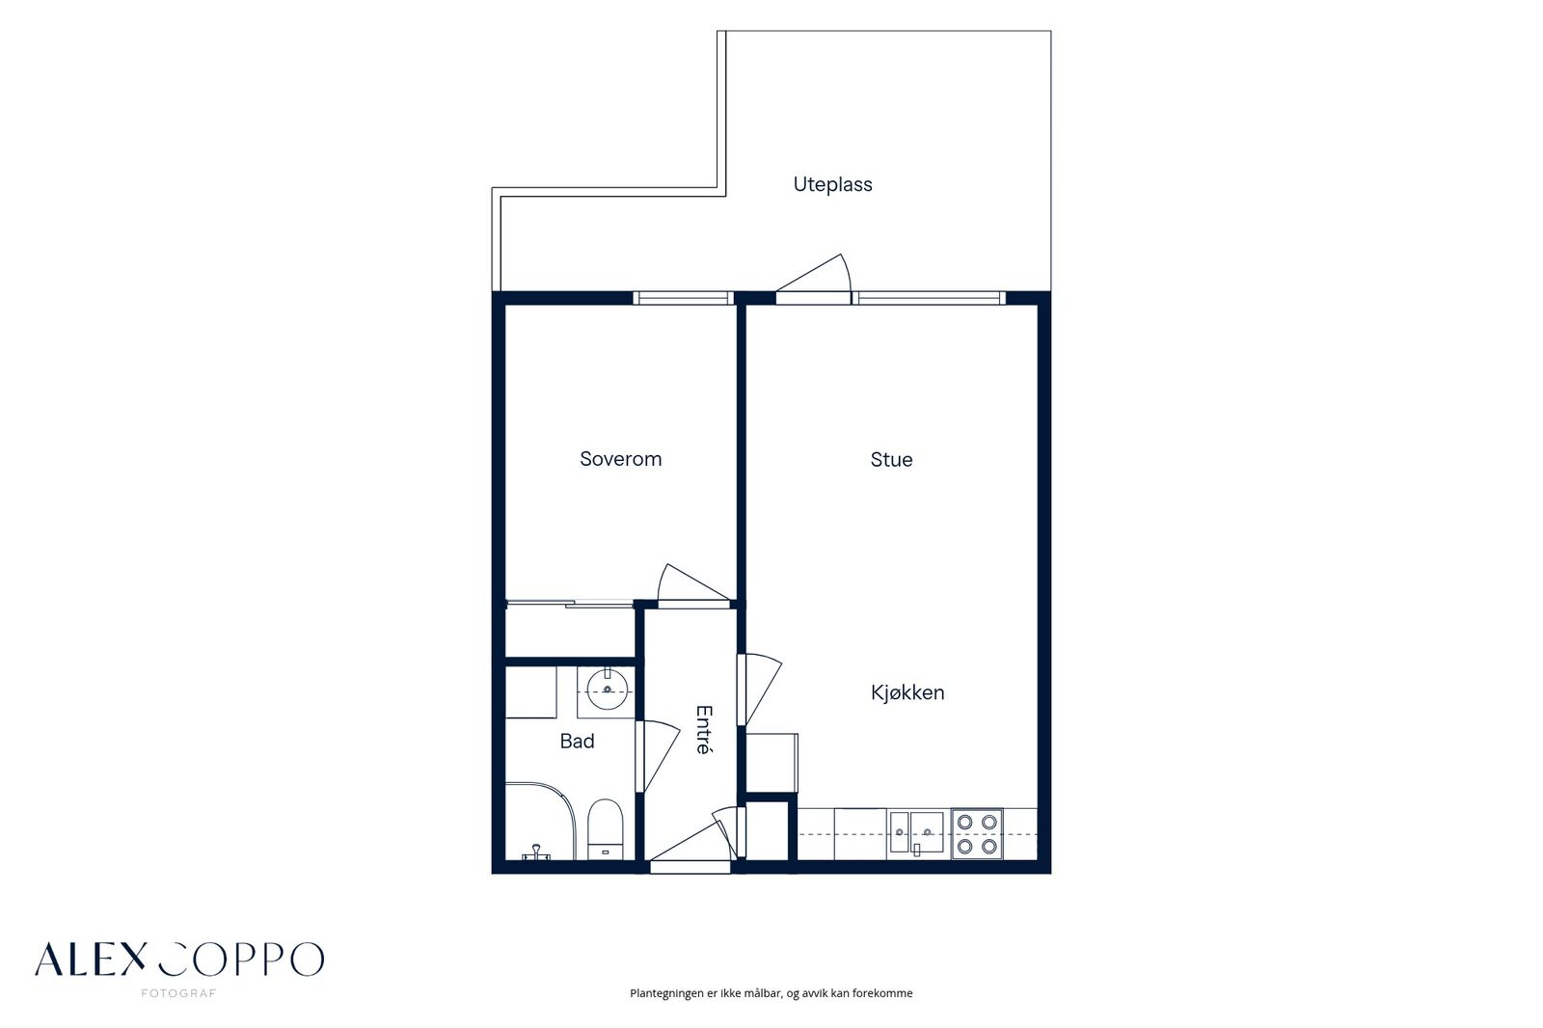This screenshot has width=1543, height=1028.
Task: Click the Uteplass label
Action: [x=832, y=184]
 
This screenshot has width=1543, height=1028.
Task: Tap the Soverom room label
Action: [x=621, y=459]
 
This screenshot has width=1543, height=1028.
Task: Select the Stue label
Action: [x=891, y=460]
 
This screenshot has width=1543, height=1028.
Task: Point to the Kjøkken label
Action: [x=907, y=692]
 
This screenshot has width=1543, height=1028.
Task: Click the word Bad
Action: [x=578, y=742]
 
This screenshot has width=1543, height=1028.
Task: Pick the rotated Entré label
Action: [x=703, y=730]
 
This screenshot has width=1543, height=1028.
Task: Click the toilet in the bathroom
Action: [x=606, y=829]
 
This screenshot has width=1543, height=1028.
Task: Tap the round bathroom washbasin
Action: [x=607, y=689]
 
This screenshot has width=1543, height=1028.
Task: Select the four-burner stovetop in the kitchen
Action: [x=977, y=834]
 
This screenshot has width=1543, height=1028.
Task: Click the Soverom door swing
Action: [x=693, y=582]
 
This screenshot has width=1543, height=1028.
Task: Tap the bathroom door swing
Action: [x=657, y=756]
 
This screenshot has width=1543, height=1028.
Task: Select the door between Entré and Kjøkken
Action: [x=760, y=689]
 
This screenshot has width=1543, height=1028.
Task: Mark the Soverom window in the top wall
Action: [x=683, y=298]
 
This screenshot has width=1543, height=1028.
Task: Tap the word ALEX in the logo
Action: [x=91, y=960]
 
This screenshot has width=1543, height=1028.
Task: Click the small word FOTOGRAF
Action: [x=178, y=993]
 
